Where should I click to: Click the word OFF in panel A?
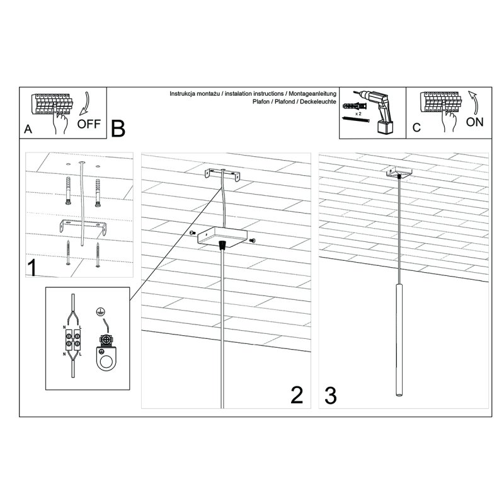[89, 123]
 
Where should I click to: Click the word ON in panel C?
[474, 122]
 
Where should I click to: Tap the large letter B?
[118, 129]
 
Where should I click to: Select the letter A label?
[28, 129]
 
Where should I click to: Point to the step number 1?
[31, 267]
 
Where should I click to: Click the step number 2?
[297, 394]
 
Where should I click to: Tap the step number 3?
[330, 395]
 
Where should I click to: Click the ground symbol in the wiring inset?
[98, 311]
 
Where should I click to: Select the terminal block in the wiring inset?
[74, 345]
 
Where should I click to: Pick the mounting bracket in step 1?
[83, 226]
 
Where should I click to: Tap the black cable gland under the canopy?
[221, 245]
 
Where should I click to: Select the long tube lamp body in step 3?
[398, 341]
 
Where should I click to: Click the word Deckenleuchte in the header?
[318, 101]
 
